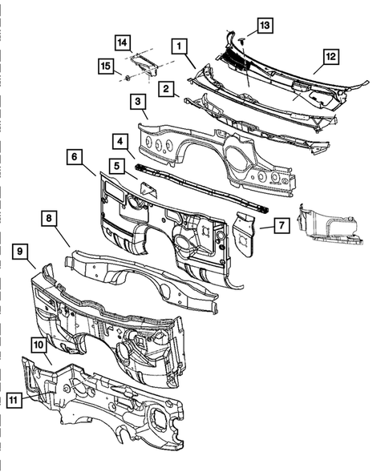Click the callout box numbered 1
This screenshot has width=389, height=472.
tap(179, 46)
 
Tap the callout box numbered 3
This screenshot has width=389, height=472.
tap(138, 103)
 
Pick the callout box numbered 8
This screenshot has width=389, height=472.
tap(48, 218)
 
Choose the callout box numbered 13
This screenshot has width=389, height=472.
tap(265, 26)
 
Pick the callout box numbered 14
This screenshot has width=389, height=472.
tap(122, 41)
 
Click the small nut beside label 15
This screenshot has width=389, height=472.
tap(128, 77)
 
